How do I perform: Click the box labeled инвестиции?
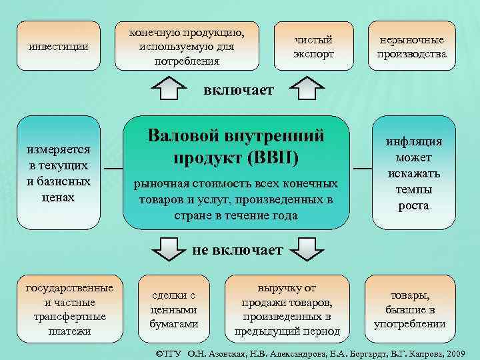(x=59, y=47)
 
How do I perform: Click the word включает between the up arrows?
(x=239, y=90)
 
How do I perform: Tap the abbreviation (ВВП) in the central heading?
(x=273, y=159)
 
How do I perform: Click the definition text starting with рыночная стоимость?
(x=236, y=199)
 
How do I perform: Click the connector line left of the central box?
(x=111, y=169)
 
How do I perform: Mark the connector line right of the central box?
(x=362, y=169)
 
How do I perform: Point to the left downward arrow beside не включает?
(x=171, y=249)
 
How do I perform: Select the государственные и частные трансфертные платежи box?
(x=69, y=309)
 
